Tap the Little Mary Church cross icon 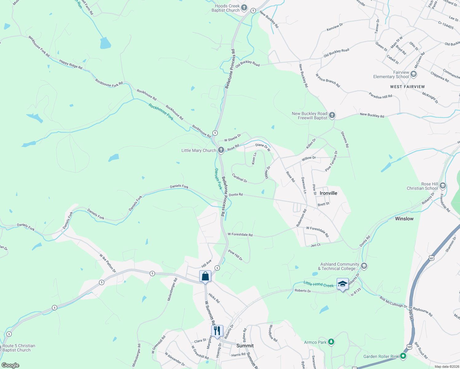[221, 150]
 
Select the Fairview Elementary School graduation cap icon [414, 74]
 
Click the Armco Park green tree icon [331, 342]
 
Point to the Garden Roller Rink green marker [403, 356]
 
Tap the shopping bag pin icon [205, 276]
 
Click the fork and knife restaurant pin [217, 331]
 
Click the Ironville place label [328, 193]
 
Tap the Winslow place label [404, 219]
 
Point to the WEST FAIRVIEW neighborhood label [407, 87]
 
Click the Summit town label [245, 346]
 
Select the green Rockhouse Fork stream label [161, 112]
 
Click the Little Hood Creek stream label [319, 284]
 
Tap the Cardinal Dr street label [240, 178]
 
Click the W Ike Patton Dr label [108, 263]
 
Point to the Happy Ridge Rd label [71, 64]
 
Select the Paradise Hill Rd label [381, 96]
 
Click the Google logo [10, 365]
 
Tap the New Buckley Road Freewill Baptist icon [332, 115]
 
